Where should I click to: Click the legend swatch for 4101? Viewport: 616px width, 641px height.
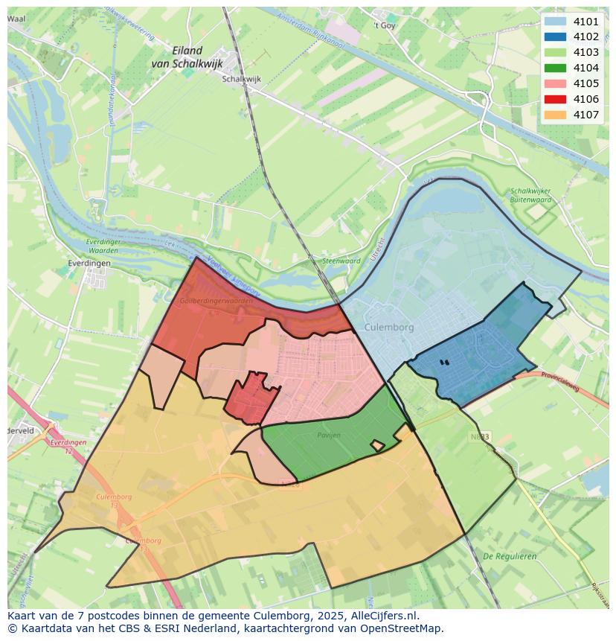[x=554, y=22]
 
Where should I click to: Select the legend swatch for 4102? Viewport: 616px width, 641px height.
[x=554, y=36]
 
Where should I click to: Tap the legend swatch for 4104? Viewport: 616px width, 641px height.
[x=554, y=68]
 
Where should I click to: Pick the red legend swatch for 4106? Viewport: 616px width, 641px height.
[x=554, y=99]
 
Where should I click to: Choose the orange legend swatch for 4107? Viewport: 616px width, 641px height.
[x=554, y=115]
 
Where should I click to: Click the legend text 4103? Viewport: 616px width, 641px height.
[x=586, y=52]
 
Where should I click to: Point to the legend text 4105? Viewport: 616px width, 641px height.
[x=586, y=83]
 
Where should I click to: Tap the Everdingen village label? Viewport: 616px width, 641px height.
[x=88, y=264]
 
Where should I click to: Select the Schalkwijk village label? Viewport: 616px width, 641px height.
[x=242, y=78]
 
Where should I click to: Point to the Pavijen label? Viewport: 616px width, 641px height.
[x=328, y=435]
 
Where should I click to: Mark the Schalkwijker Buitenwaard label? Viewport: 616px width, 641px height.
[x=530, y=195]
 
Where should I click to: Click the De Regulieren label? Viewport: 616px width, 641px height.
[x=510, y=556]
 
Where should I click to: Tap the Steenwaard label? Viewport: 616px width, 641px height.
[x=341, y=261]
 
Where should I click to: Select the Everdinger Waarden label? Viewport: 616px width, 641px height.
[x=102, y=246]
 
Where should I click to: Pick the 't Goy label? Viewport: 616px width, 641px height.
[x=385, y=25]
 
